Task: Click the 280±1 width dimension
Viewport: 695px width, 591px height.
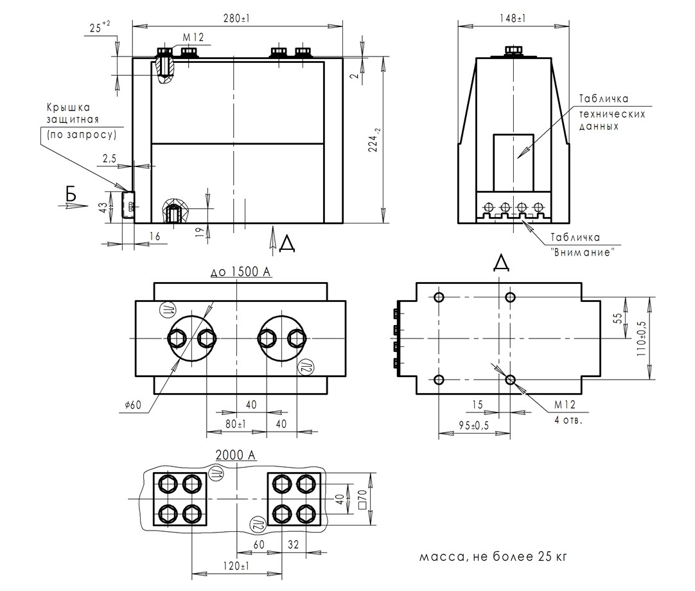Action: [x=237, y=19]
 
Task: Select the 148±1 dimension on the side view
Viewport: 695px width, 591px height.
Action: [x=512, y=19]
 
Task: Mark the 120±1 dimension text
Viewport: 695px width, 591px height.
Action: [x=237, y=567]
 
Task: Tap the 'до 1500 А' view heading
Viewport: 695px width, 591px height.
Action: [x=241, y=272]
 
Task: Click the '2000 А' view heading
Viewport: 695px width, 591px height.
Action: [x=236, y=455]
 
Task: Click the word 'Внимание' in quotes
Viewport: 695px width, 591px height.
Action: [x=582, y=252]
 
